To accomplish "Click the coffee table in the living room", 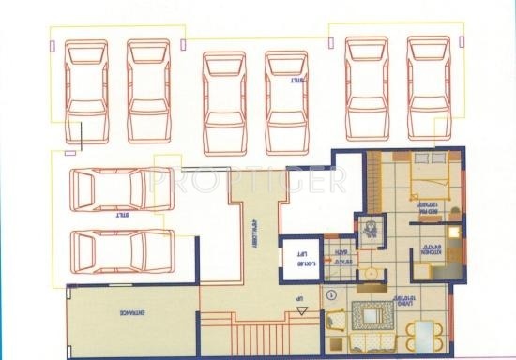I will (372, 316).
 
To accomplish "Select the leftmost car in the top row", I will (87, 91).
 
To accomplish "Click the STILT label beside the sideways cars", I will (121, 216).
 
